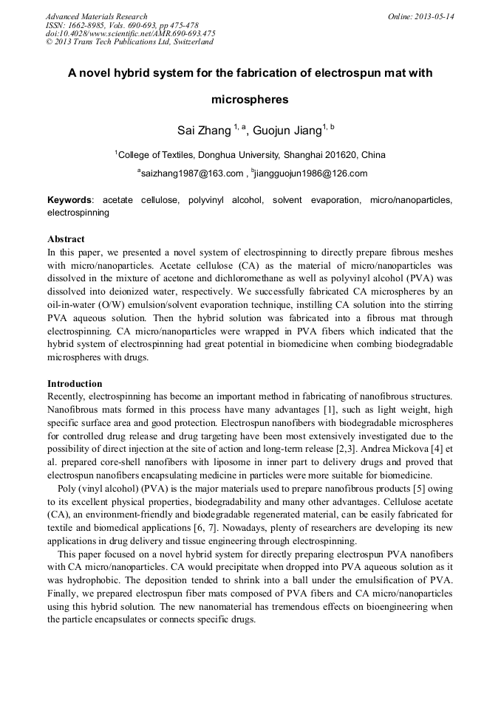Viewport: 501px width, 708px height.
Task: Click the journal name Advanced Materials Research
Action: pyautogui.click(x=96, y=16)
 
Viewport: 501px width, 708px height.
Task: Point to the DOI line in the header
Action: pyautogui.click(x=130, y=33)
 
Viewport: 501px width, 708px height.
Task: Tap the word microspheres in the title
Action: pyautogui.click(x=250, y=99)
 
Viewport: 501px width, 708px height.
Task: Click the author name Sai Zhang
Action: pyautogui.click(x=203, y=131)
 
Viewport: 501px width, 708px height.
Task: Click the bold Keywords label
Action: pyautogui.click(x=70, y=200)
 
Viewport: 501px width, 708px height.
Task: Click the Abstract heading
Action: pyautogui.click(x=66, y=239)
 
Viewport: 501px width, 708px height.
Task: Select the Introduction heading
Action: pyautogui.click(x=75, y=384)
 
